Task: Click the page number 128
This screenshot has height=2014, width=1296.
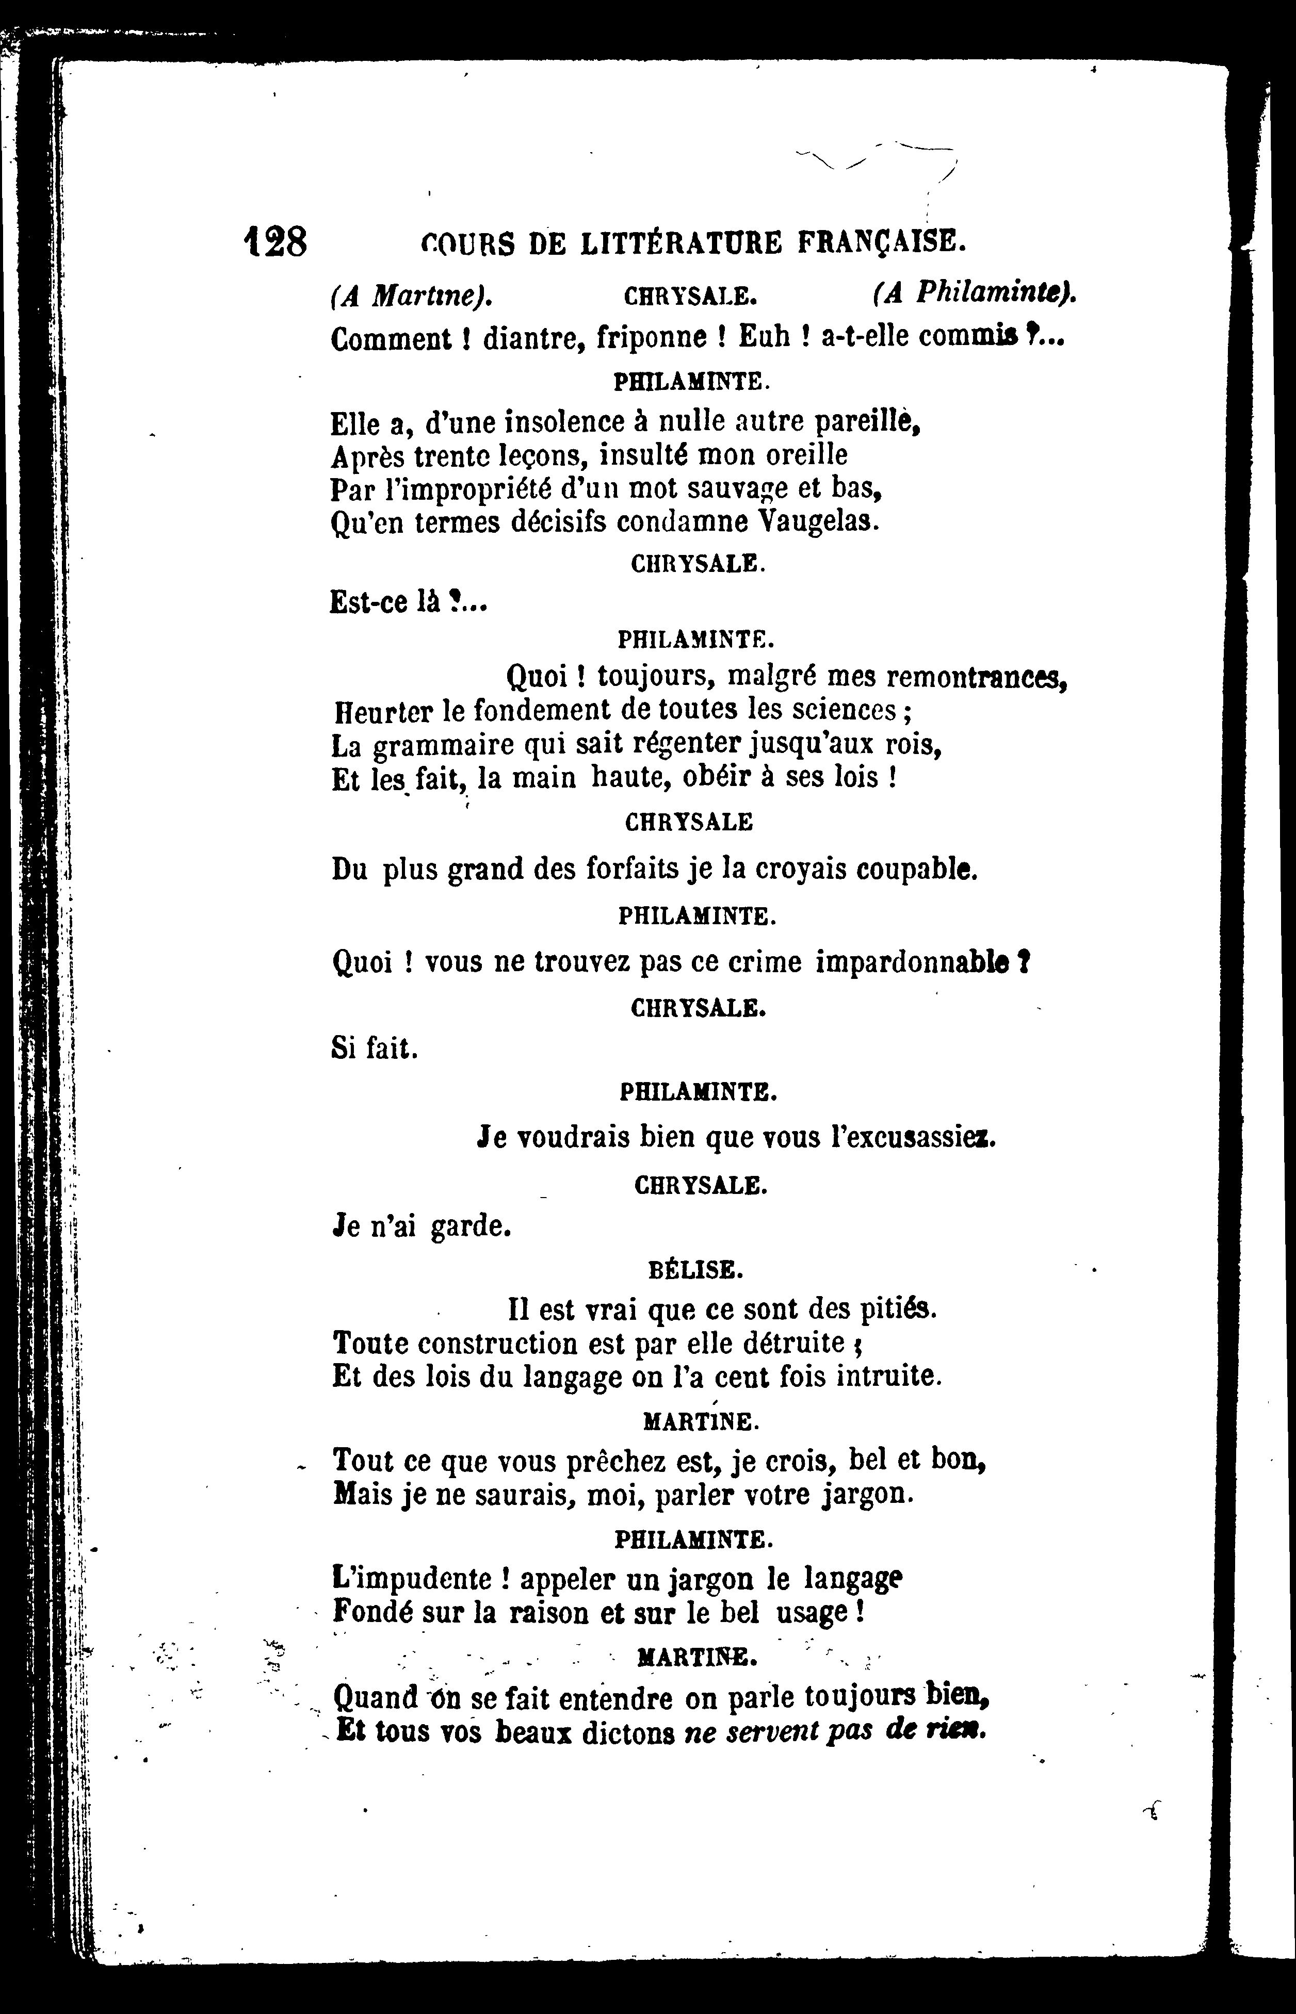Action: (274, 242)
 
